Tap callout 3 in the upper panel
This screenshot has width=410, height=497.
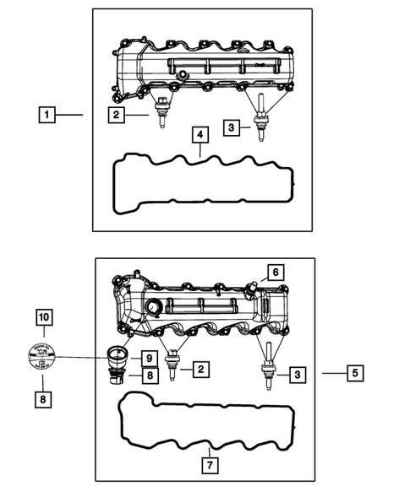231,127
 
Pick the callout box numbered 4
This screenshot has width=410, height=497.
199,135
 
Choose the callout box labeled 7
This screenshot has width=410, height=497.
209,463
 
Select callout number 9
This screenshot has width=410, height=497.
146,357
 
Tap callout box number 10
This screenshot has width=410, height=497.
44,317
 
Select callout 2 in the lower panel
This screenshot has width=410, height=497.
200,369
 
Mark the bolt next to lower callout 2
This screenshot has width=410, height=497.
173,365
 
